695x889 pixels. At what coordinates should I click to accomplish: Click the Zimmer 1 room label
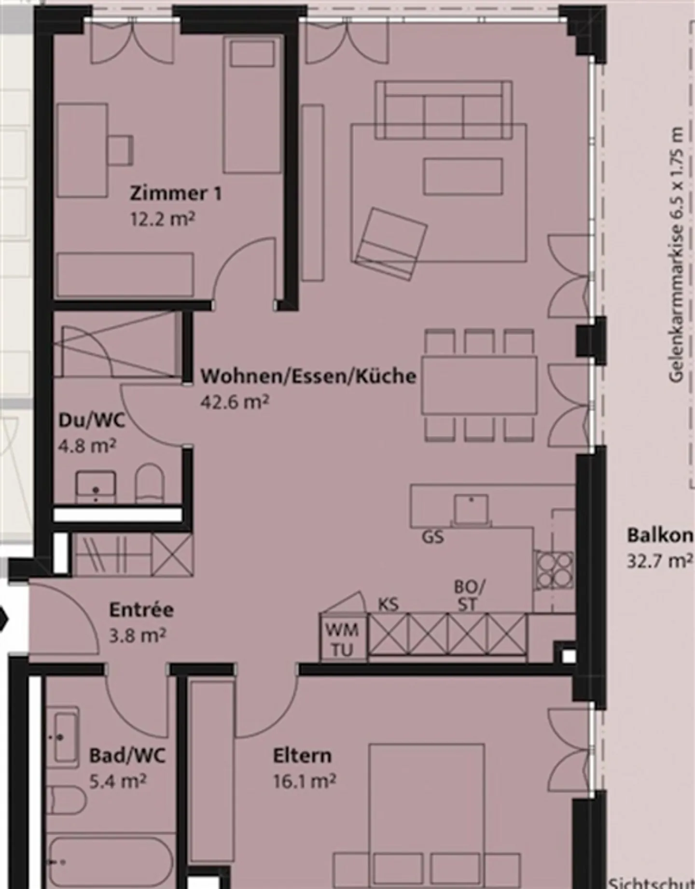176,194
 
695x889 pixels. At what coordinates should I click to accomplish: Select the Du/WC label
92,420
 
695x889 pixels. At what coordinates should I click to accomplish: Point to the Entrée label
141,609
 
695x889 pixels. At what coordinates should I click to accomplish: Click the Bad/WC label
127,755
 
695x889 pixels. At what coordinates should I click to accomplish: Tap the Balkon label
659,536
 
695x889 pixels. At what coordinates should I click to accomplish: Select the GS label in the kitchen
433,537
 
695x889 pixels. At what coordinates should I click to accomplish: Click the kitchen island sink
471,509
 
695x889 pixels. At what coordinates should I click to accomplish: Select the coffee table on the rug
463,176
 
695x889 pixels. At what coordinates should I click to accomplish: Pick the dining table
479,385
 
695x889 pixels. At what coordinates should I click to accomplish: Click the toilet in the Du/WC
150,484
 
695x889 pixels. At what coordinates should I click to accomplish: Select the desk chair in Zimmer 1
121,150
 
